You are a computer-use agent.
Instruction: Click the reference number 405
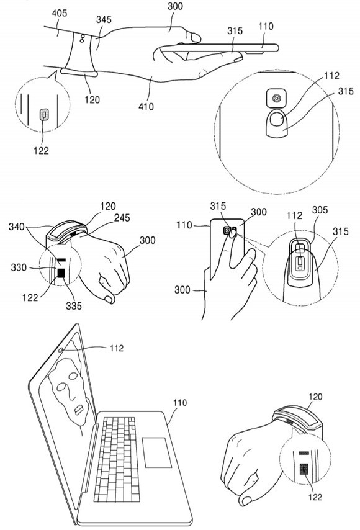tap(60, 13)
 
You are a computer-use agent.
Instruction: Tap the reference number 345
tap(104, 19)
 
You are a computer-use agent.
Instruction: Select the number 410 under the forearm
tap(146, 107)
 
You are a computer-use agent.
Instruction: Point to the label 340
tap(16, 226)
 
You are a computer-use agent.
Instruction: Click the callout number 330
tap(19, 267)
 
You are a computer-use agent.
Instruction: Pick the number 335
tap(74, 305)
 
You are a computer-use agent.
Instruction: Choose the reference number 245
tap(122, 218)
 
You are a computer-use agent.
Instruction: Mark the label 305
tap(320, 210)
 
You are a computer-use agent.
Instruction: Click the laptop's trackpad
tap(156, 452)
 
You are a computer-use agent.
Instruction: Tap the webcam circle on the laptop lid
tap(61, 350)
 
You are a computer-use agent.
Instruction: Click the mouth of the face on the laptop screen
tap(79, 410)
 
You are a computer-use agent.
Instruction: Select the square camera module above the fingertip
tap(276, 99)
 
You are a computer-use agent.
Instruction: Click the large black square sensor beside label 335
tap(61, 273)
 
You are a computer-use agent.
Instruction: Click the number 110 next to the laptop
tap(180, 403)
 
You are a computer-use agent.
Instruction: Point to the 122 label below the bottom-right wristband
tap(315, 497)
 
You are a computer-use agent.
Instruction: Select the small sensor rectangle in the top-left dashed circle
tap(44, 115)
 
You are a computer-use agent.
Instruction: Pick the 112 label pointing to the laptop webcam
tap(117, 348)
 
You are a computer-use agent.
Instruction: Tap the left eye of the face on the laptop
tap(61, 387)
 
